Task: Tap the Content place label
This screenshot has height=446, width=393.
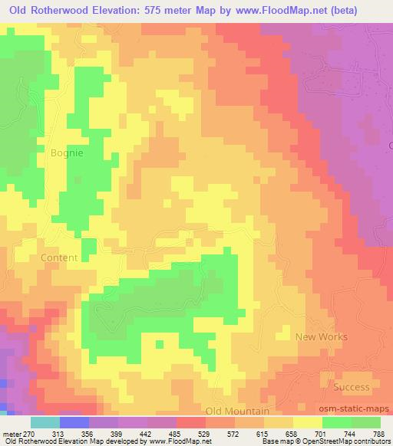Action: point(59,257)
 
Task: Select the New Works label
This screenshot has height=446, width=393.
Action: point(322,336)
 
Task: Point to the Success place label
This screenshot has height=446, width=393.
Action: point(352,387)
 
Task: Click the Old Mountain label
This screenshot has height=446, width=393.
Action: point(237,412)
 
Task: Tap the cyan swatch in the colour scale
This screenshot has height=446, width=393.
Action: point(45,422)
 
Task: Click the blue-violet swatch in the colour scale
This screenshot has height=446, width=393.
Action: point(74,422)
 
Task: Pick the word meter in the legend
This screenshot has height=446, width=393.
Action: point(12,434)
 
